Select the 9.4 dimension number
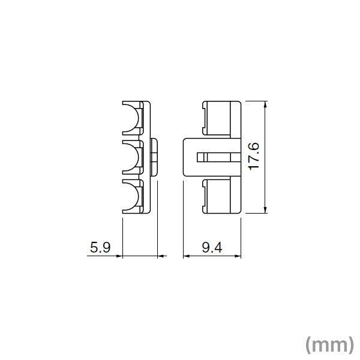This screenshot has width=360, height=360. point(212,247)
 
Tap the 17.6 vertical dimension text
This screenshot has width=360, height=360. point(254,157)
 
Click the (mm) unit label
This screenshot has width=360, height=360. point(329,344)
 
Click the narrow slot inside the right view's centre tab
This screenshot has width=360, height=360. point(216,157)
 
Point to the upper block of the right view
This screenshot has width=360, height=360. point(221,119)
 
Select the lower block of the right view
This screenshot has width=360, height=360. point(221,196)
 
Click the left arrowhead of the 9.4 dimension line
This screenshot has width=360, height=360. point(185,257)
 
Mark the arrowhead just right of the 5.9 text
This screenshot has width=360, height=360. point(119,257)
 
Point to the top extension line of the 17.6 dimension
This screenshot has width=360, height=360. point(255,101)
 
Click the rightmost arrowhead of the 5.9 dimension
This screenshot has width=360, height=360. point(161,257)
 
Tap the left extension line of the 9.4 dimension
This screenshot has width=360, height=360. point(182,234)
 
